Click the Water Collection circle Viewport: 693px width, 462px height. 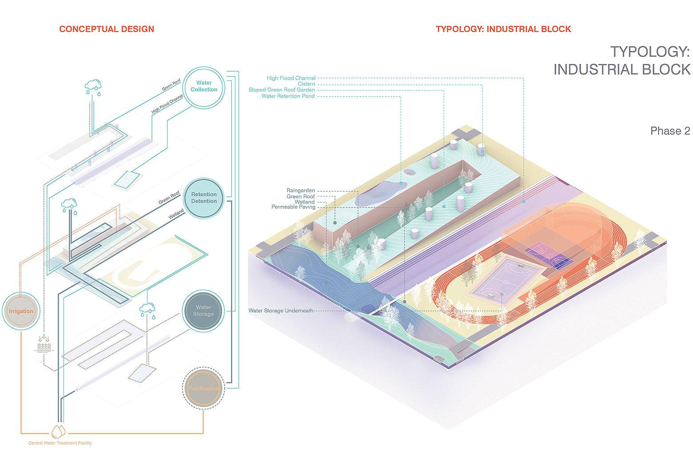click(x=204, y=87)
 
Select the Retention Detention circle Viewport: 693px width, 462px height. click(x=204, y=198)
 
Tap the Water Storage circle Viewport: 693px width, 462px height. click(x=203, y=311)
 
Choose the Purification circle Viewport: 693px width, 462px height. click(x=203, y=388)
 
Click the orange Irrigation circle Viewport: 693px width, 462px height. click(x=21, y=311)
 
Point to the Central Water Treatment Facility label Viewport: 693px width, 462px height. click(x=60, y=443)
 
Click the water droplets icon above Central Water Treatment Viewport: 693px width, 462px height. click(x=58, y=431)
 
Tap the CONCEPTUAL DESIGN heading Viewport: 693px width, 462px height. click(x=107, y=29)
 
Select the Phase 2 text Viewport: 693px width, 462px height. click(x=670, y=131)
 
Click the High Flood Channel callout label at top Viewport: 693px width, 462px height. click(x=291, y=78)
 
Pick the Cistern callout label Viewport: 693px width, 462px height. click(x=306, y=84)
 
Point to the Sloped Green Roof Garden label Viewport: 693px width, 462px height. click(x=282, y=90)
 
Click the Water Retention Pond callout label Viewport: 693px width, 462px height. click(x=288, y=96)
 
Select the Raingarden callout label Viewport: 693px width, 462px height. click(x=301, y=191)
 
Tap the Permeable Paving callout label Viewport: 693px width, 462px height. click(x=293, y=207)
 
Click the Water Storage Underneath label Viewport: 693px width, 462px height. click(x=281, y=311)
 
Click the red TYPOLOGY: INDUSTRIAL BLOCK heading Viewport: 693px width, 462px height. click(x=503, y=29)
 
